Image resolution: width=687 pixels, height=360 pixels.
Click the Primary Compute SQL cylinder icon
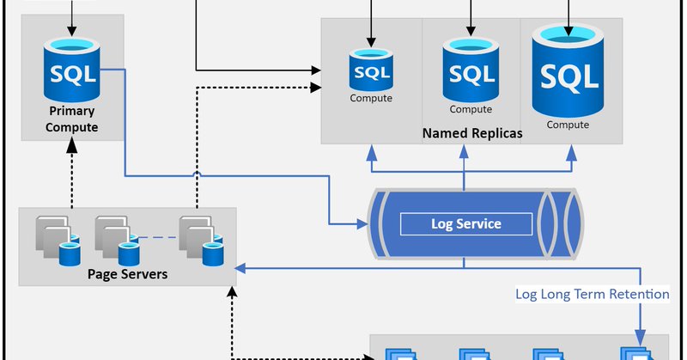[72, 70]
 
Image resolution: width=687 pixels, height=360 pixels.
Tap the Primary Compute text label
[72, 119]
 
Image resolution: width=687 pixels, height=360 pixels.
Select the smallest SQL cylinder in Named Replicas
[371, 70]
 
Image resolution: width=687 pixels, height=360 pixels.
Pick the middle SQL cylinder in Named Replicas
[471, 70]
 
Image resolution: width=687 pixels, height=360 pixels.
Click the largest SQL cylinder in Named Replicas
[568, 70]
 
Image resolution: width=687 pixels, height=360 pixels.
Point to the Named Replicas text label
[472, 133]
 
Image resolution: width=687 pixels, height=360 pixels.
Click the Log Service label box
[466, 224]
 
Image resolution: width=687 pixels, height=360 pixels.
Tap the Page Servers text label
[127, 274]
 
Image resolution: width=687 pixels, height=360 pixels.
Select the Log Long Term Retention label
[593, 294]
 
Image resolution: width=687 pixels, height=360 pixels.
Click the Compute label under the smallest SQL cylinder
[371, 98]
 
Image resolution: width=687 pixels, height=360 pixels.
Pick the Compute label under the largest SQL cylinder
[568, 125]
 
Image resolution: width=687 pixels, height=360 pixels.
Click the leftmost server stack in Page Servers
[58, 241]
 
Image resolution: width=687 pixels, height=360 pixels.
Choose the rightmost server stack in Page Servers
[202, 241]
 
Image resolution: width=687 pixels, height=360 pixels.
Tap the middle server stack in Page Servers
[118, 241]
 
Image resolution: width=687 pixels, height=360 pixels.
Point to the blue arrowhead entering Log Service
[362, 224]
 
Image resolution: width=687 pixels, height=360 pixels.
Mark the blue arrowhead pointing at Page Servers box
[240, 268]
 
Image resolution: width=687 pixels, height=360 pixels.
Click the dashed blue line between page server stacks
[159, 238]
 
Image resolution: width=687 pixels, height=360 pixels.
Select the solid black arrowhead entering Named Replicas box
[316, 70]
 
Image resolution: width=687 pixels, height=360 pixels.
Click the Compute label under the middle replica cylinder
[471, 109]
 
